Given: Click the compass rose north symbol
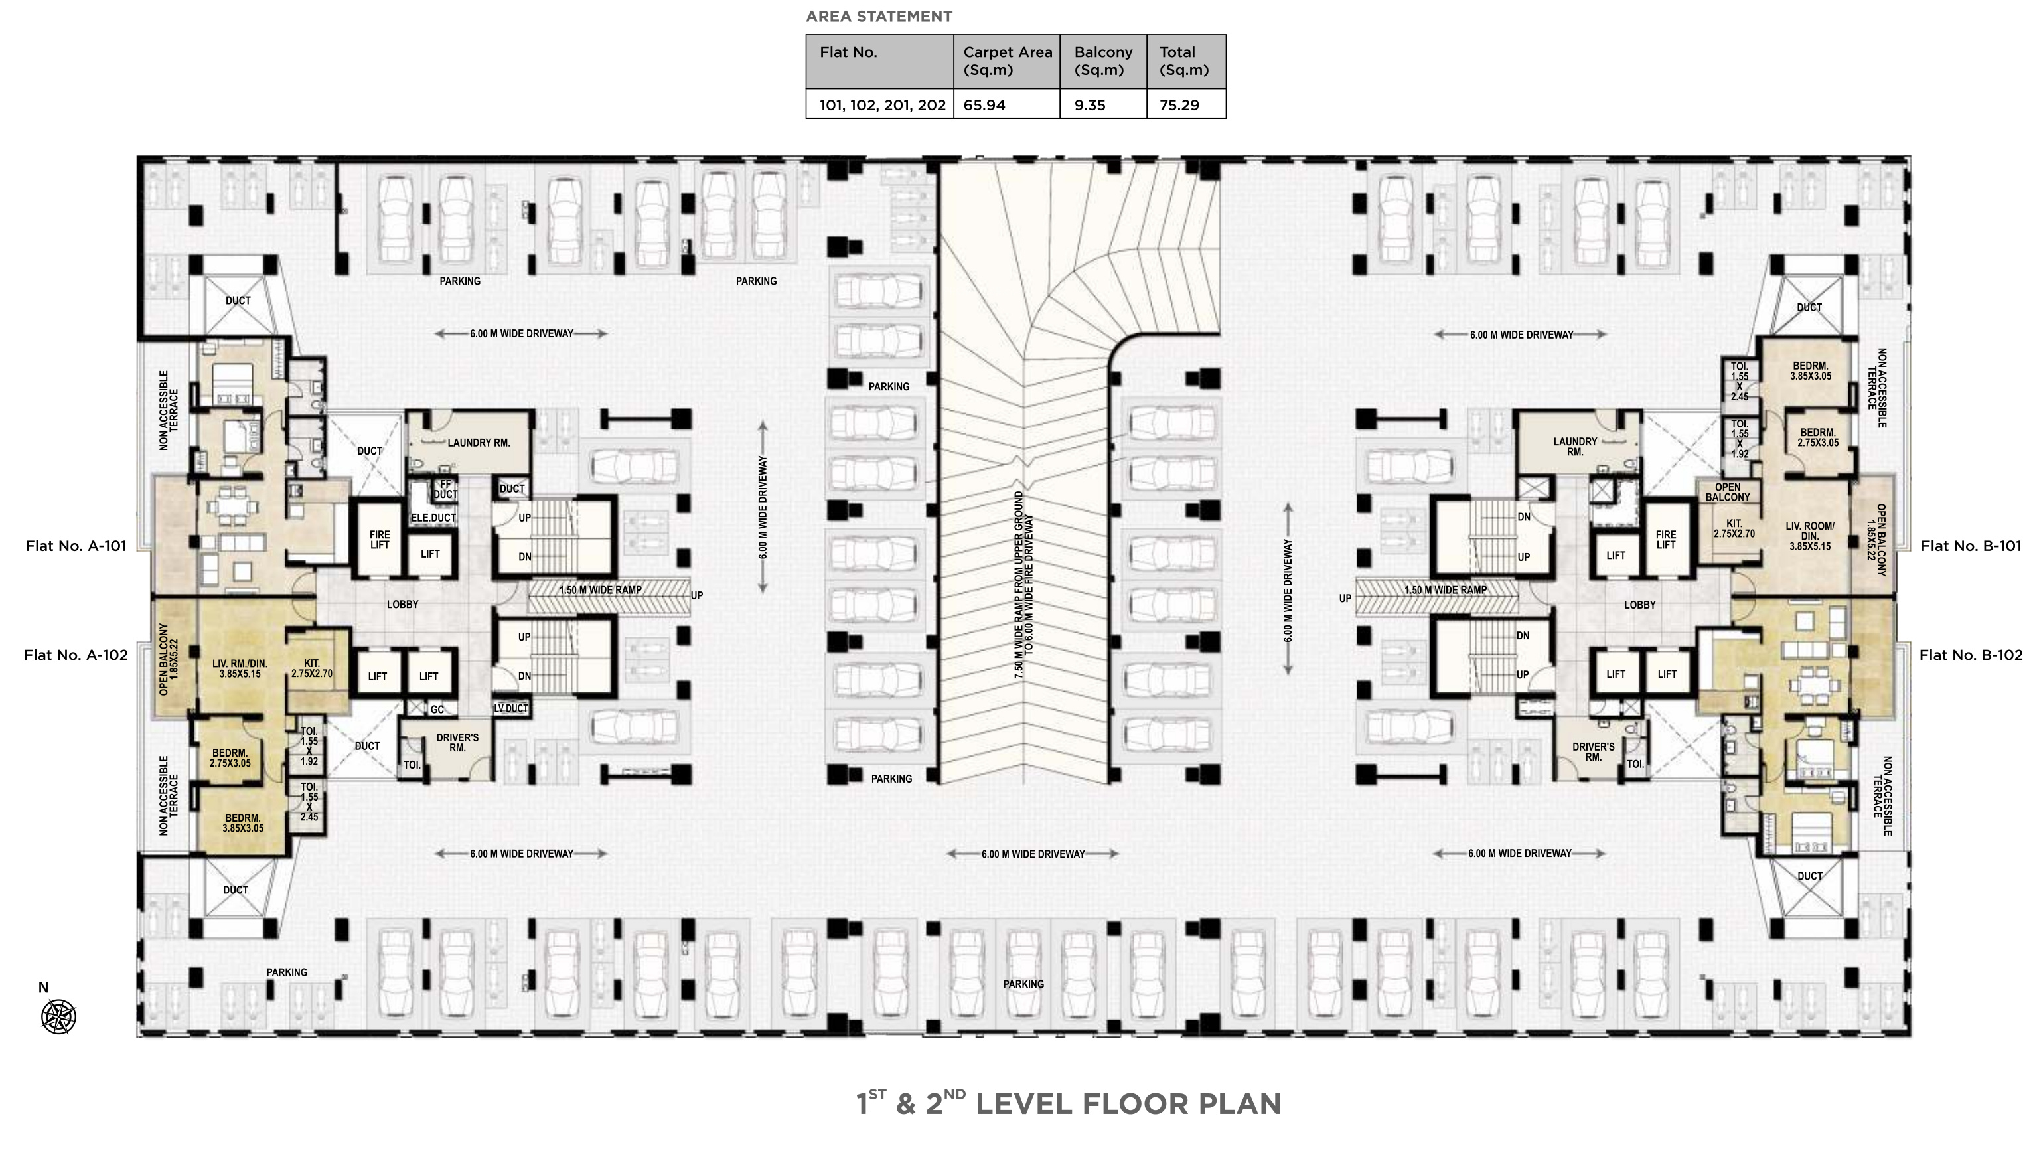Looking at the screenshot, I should [58, 1017].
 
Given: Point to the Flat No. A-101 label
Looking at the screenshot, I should [76, 546].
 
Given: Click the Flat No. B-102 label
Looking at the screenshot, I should [1971, 655].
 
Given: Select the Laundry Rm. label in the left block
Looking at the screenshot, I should [479, 443].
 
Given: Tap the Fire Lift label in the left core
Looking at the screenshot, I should [380, 540].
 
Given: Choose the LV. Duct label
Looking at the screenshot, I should [510, 708].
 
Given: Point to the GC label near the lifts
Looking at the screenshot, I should [437, 710].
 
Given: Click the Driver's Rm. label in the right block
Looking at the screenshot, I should [1594, 751].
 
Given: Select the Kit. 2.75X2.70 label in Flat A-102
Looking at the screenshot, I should [311, 668].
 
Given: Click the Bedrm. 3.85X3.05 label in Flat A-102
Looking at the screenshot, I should [243, 822].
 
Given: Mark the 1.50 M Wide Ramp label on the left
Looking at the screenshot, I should [600, 590].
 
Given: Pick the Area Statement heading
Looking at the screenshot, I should [879, 16].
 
